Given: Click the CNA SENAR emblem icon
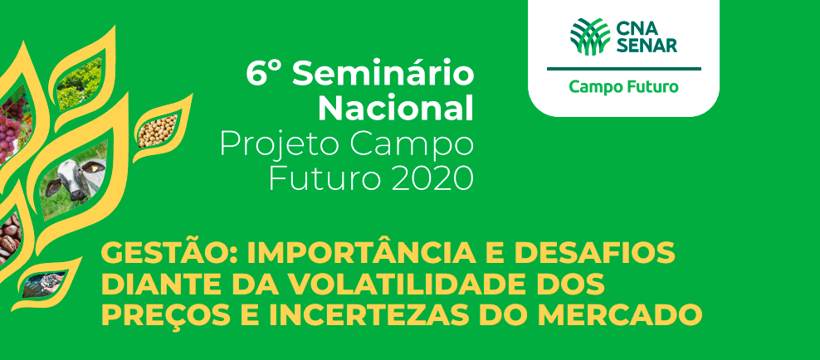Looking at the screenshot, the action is click(x=590, y=36).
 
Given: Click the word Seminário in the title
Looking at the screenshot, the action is click(x=383, y=74).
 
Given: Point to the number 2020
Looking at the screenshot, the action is click(x=424, y=178).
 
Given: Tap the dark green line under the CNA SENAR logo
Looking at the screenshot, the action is click(x=624, y=69).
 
